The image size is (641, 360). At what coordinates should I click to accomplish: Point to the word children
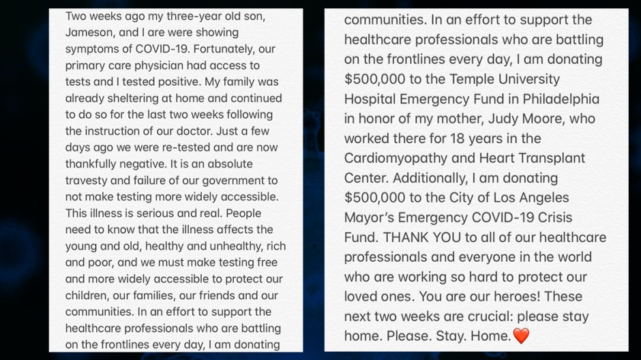click(x=87, y=296)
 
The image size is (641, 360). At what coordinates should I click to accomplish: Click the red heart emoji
click(x=521, y=336)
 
